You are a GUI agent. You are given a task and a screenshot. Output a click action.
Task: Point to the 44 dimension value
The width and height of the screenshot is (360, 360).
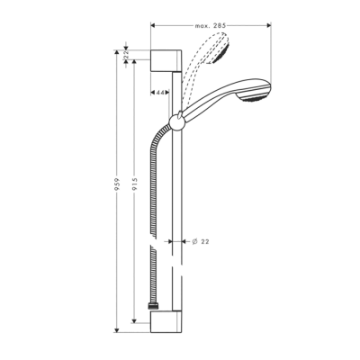point(160,92)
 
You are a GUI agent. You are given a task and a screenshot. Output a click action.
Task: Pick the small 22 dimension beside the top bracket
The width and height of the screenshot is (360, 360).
point(128,55)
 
